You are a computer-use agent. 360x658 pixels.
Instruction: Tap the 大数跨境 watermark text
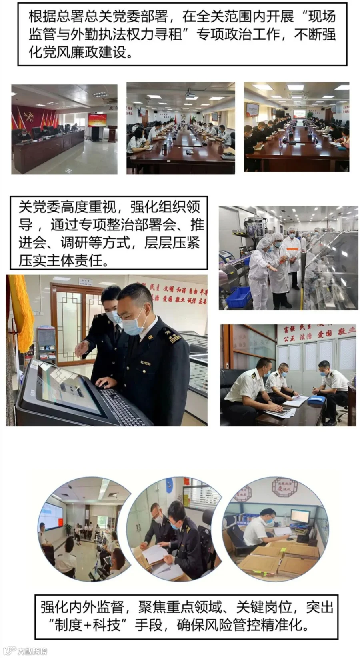(32, 651)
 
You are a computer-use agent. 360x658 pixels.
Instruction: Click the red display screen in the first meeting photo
(97, 120)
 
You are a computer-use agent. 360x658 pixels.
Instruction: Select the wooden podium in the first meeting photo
(112, 134)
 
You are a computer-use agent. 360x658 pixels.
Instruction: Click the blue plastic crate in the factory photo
(238, 297)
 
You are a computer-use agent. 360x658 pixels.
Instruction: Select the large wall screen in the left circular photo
(51, 516)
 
